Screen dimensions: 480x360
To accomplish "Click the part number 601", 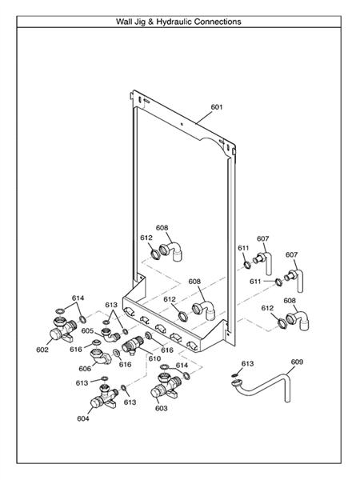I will pos(217,106).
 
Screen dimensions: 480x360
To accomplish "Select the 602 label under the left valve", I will pos(42,350).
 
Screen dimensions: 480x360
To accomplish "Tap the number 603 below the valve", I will pos(160,408).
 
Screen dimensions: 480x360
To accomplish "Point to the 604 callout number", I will pos(83,418).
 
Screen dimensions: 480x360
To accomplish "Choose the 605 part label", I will pos(87,330).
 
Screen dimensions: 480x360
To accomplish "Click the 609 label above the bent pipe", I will pos(297,362).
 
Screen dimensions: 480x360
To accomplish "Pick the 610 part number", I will pos(154,358).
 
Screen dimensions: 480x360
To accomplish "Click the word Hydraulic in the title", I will pos(174,22).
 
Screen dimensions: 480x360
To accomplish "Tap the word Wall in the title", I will pos(126,22).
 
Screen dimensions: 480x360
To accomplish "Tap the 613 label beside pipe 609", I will pos(247,364).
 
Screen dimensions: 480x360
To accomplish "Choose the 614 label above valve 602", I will pos(78,298).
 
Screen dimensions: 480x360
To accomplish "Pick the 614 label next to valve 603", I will pos(182,366).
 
